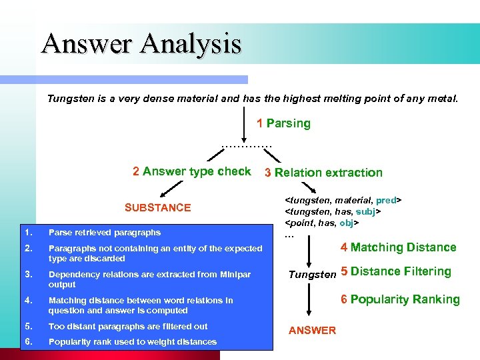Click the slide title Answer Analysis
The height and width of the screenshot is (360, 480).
coord(141,44)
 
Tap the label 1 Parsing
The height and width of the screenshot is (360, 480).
coord(283,123)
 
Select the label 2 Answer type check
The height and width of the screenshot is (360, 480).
coord(191,171)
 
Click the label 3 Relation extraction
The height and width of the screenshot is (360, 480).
coord(323,173)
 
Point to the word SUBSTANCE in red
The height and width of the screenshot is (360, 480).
coord(157,207)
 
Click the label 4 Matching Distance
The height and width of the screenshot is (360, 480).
coord(398,247)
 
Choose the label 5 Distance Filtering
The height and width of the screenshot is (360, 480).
coord(396,271)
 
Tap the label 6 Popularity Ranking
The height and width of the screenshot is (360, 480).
coord(400,299)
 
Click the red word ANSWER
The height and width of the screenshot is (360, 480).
coord(312,331)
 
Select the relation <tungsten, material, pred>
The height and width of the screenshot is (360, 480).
coord(343,200)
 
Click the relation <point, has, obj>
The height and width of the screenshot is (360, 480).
coord(322,223)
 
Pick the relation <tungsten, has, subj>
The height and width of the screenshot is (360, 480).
coord(333,211)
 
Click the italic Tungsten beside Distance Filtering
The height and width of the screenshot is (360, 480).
coord(312,274)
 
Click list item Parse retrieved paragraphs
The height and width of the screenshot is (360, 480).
coord(104,233)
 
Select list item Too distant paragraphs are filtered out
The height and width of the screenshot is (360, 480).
coord(128,326)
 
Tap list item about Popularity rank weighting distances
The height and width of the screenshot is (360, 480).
coord(132,342)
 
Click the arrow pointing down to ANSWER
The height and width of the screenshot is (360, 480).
coord(307,303)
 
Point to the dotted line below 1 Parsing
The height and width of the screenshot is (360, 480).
coord(247,146)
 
